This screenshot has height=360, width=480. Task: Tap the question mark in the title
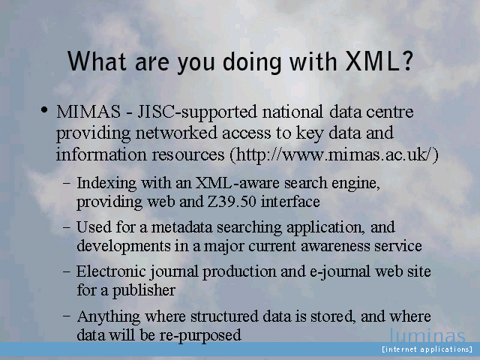[405, 61]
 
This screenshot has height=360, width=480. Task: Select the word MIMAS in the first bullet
[88, 112]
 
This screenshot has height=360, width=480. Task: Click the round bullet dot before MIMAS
[44, 110]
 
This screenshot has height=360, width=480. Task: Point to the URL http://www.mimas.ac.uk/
[334, 154]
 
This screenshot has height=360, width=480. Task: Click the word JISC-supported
[196, 112]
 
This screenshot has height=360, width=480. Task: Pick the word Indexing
[106, 184]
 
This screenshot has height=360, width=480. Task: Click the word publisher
[143, 290]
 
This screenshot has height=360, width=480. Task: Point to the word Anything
[108, 317]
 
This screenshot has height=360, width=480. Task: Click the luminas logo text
[427, 335]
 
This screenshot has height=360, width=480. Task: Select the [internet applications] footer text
[427, 349]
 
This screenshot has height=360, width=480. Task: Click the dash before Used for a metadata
[66, 228]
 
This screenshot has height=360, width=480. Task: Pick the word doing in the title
[252, 62]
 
